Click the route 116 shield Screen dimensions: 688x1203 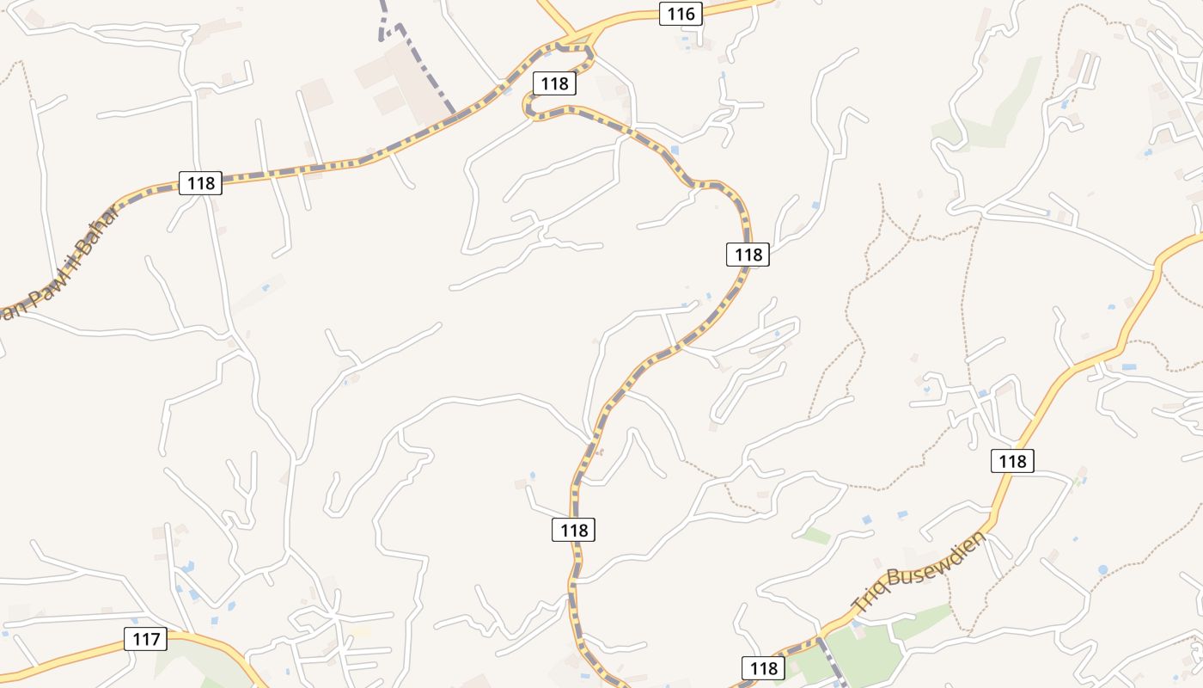pos(681,14)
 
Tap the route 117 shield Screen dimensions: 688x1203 pos(146,640)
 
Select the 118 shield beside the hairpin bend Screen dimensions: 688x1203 pos(555,83)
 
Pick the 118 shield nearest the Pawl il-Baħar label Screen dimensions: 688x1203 pos(200,183)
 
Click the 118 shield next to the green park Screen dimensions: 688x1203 pos(762,668)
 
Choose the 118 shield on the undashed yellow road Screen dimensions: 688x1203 pos(1012,461)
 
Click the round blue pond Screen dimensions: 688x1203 pos(1102,569)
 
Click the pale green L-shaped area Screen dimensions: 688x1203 pos(988,112)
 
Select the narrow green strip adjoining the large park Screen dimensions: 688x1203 pos(924,619)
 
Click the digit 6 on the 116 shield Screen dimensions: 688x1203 pos(689,14)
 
